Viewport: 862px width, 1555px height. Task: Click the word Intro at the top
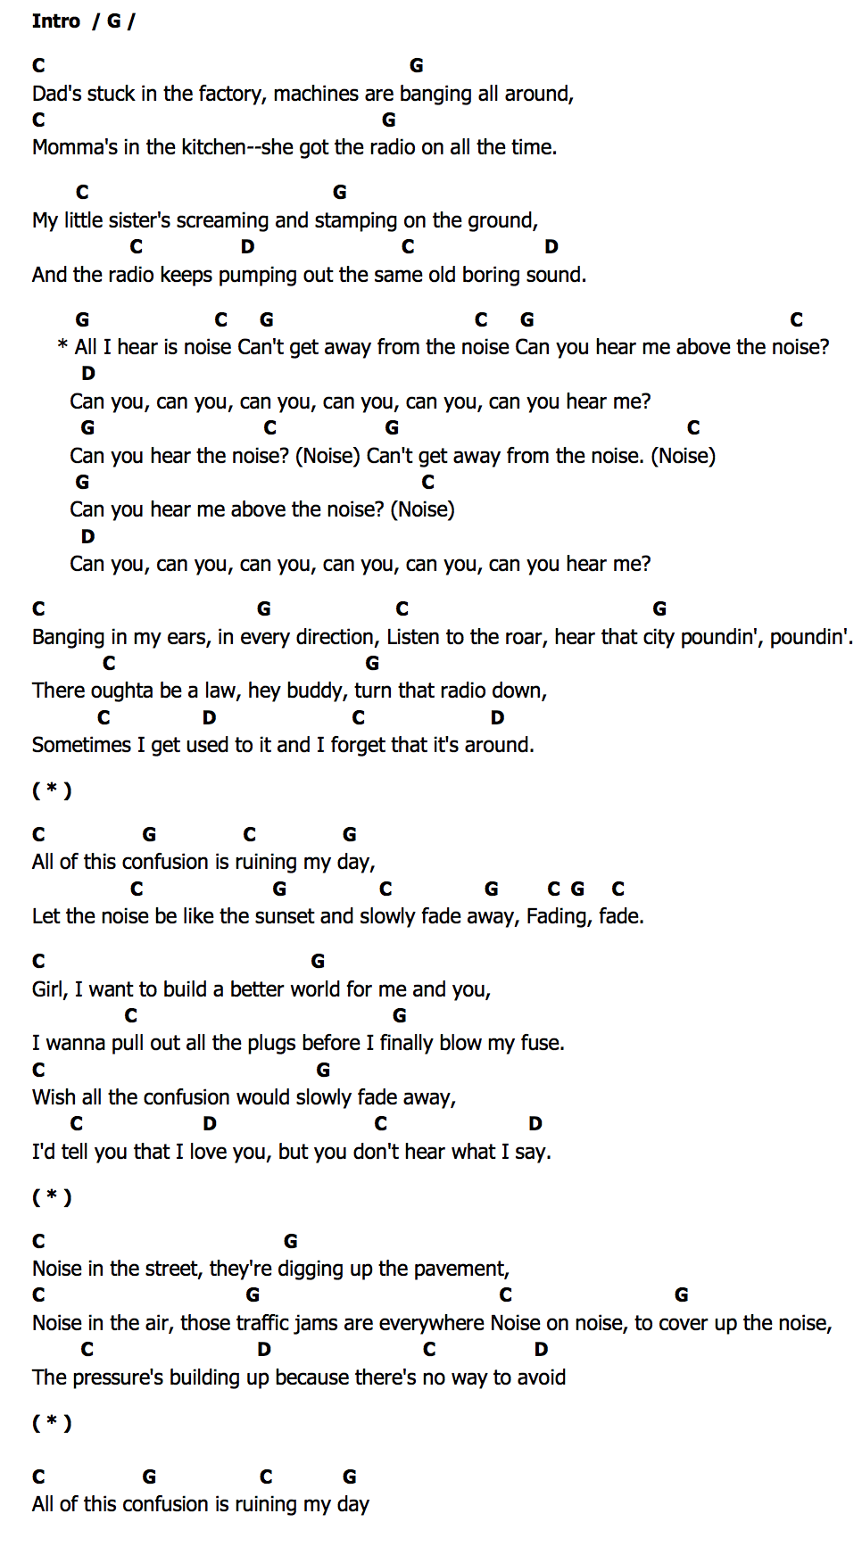(56, 21)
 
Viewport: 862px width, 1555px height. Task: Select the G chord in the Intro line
(114, 21)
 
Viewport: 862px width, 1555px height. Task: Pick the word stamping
(355, 220)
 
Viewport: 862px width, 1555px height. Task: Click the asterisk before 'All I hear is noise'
(62, 346)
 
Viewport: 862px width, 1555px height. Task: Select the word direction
(336, 637)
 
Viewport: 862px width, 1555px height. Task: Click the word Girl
(49, 989)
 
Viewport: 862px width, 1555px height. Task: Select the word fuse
(542, 1043)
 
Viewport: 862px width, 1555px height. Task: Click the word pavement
(462, 1269)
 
